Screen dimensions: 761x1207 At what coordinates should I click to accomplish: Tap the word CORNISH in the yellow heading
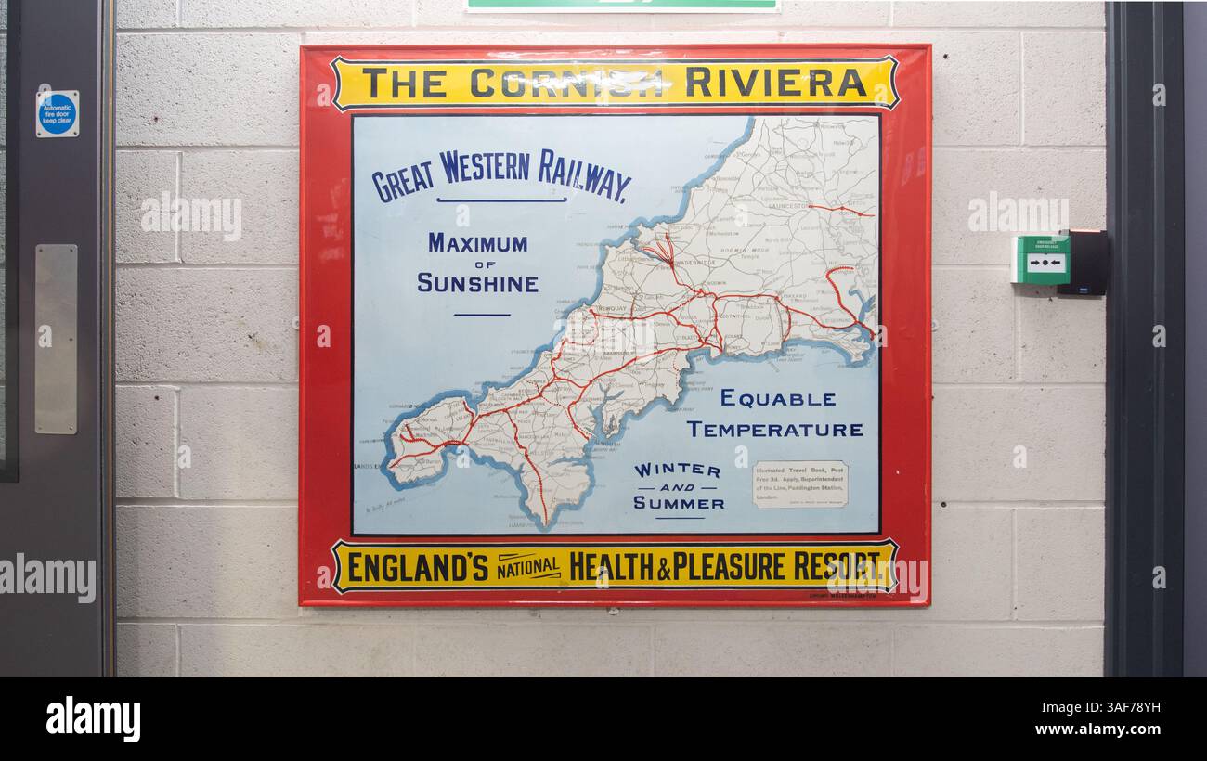click(x=566, y=83)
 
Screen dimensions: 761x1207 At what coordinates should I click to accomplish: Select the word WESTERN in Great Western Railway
click(x=485, y=167)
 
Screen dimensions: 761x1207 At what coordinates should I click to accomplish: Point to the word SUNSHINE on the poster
click(x=477, y=283)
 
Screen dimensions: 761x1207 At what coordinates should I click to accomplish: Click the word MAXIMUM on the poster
click(x=477, y=243)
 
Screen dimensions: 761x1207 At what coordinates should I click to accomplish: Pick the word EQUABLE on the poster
click(x=778, y=398)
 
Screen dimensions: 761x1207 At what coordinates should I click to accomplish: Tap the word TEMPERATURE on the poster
click(x=774, y=430)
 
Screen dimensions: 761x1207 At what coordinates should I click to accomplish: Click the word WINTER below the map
click(x=677, y=471)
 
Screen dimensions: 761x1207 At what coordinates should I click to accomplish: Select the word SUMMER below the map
click(x=679, y=503)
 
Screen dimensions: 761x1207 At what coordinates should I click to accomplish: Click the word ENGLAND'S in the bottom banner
click(x=417, y=566)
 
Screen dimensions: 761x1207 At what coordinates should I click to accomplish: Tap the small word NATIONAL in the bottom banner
click(x=528, y=567)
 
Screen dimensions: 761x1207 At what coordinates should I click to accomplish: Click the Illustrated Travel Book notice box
click(x=799, y=484)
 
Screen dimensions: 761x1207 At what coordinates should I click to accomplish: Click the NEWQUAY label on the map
click(x=613, y=308)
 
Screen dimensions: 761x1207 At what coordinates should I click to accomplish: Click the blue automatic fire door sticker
click(x=58, y=114)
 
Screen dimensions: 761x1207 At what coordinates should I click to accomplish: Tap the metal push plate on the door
click(x=57, y=339)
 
